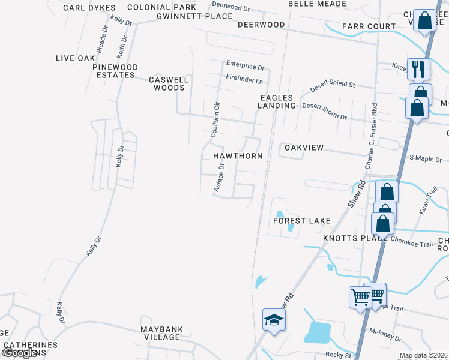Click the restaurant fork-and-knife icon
point(419,68)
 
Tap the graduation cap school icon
point(274,319)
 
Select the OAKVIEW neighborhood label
point(304,148)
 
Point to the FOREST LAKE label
point(301,221)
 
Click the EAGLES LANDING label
point(277,101)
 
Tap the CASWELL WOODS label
point(169,83)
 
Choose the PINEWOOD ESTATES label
point(115,71)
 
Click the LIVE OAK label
point(76,58)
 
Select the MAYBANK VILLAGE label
point(161,333)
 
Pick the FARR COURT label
point(369,26)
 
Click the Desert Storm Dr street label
point(324,110)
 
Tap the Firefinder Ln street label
point(244,80)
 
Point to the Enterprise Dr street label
point(245,67)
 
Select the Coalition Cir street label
point(217,120)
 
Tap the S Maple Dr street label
point(425,159)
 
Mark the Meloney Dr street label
point(385,334)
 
